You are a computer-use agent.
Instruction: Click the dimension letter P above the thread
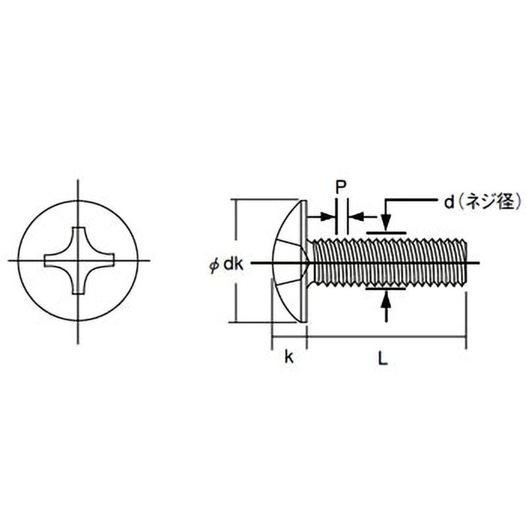(341, 187)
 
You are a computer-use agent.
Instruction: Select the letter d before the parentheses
(448, 203)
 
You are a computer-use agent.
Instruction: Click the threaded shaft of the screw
(388, 263)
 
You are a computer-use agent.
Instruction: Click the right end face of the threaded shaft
(466, 263)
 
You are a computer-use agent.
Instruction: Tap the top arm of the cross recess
(80, 237)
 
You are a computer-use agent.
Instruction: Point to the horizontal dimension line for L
(388, 337)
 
